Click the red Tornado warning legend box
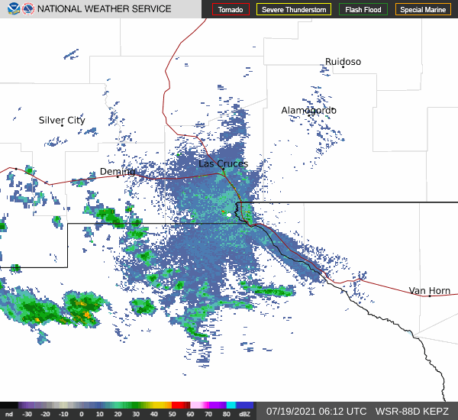(231, 10)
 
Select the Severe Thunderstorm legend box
(293, 10)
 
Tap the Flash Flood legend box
(364, 10)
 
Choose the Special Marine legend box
(422, 10)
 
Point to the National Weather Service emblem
(27, 9)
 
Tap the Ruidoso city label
(343, 62)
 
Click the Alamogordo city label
(308, 111)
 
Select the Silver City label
(62, 121)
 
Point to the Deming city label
(118, 172)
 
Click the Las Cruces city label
(223, 163)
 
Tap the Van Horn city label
(429, 291)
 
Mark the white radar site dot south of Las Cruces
(228, 215)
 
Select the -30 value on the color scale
(27, 413)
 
